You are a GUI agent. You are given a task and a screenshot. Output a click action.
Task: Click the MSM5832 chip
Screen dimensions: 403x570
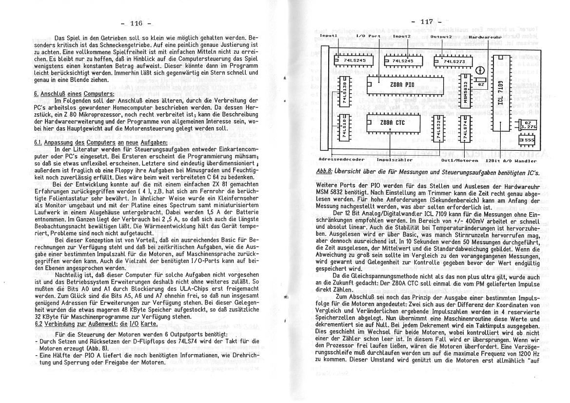(x=466, y=92)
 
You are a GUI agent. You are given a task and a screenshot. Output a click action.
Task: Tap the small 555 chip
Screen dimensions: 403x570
(x=528, y=140)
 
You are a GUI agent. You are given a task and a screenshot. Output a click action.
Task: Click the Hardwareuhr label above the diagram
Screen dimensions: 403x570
(x=486, y=37)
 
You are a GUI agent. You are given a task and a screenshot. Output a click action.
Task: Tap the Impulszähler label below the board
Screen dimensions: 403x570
(x=394, y=160)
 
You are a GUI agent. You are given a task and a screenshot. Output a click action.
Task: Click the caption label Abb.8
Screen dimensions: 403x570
(x=325, y=172)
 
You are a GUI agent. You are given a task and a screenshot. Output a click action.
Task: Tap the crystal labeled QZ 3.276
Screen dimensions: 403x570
(x=528, y=125)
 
